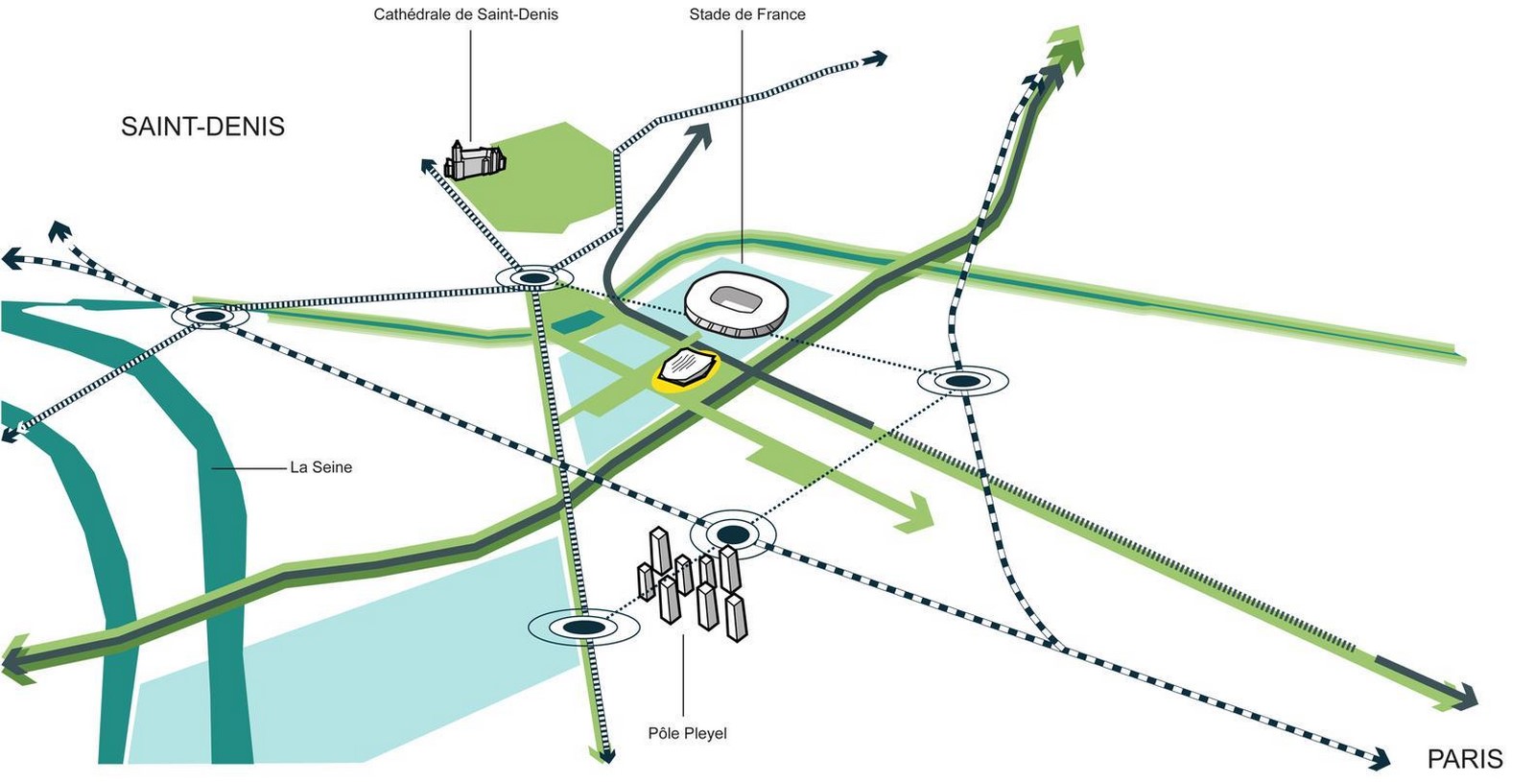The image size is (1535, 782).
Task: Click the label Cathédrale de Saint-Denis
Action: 465,14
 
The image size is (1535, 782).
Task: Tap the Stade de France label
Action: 747,14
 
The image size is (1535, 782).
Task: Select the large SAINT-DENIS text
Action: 202,127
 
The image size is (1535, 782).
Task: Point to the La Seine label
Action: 320,467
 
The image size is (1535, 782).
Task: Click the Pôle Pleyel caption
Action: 687,733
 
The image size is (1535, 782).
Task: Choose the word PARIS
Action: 1466,759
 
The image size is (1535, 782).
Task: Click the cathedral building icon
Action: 475,160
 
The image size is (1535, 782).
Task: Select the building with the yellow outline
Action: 687,370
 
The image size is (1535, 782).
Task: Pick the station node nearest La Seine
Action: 210,317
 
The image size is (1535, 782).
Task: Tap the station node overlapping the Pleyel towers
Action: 733,533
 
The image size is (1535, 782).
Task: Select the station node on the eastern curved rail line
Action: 963,381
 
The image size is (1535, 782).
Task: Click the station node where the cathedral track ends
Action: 534,278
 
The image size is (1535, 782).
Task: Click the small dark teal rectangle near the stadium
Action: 578,321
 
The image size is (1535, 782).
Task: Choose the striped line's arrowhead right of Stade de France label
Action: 876,59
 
